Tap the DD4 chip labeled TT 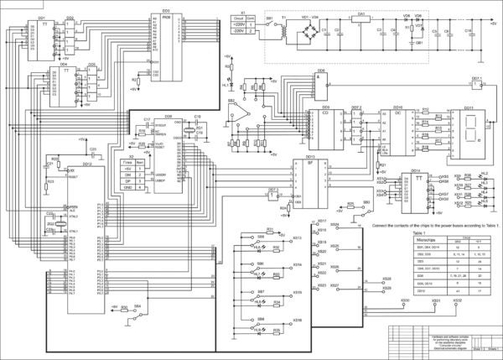[x=62, y=85]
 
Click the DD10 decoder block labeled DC [x=399, y=131]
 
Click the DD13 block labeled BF [x=309, y=180]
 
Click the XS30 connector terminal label [x=405, y=298]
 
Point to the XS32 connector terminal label [x=457, y=298]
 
